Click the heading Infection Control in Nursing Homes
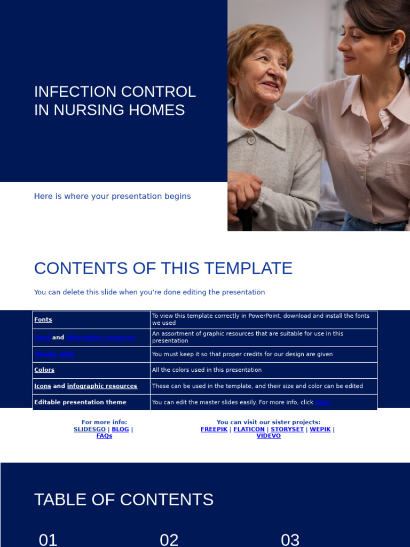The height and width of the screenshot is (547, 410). tap(115, 100)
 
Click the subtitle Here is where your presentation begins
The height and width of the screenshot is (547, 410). tap(112, 196)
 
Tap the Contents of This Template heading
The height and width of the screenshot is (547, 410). tap(163, 268)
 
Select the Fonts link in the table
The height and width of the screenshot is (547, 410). tap(43, 320)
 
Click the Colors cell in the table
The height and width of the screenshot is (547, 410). tap(44, 370)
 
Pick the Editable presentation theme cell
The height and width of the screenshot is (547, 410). tap(80, 402)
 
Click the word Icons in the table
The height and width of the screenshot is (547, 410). tap(43, 386)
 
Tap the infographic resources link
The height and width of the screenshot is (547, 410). tap(102, 386)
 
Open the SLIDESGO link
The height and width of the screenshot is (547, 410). tap(90, 429)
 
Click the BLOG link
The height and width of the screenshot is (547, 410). tap(120, 429)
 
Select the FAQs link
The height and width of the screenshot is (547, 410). tap(104, 436)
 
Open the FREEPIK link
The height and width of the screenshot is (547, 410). tap(214, 429)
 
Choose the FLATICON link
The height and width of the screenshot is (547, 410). tap(249, 429)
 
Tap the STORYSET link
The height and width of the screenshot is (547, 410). tap(287, 429)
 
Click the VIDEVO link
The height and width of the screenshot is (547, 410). tap(269, 436)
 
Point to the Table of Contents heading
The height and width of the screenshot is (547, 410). tap(124, 499)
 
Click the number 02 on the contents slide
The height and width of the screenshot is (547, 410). tap(169, 540)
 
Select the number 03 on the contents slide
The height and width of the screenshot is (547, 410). tap(290, 540)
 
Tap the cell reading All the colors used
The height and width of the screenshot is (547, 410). tap(207, 370)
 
